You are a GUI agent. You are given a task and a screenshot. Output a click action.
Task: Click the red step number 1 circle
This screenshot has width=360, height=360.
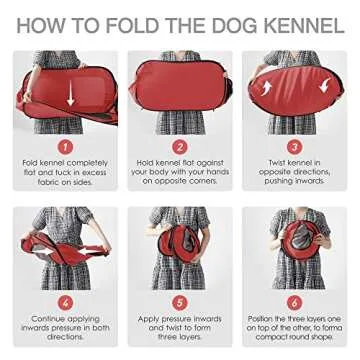(65, 146)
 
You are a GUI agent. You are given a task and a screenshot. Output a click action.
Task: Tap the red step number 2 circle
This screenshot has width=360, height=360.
(180, 146)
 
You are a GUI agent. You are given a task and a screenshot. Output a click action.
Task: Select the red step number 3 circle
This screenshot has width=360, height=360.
(294, 146)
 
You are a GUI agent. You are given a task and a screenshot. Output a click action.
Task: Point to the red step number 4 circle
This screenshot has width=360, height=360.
(65, 301)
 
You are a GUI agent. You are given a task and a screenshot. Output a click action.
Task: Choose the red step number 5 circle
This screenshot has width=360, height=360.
(180, 301)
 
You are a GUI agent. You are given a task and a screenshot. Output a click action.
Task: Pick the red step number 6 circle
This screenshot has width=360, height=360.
(294, 301)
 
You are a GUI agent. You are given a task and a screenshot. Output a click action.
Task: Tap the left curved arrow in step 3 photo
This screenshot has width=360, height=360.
(267, 88)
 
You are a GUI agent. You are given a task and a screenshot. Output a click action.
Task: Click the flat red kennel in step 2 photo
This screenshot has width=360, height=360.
(180, 88)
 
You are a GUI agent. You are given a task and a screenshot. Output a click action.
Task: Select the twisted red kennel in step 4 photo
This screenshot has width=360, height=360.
(65, 245)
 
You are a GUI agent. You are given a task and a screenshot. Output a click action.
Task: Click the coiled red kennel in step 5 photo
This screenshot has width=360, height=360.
(180, 245)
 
